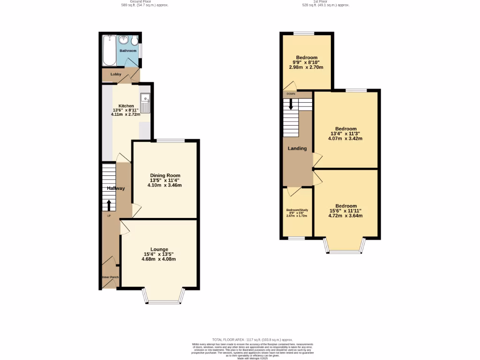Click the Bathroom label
click(x=127, y=51)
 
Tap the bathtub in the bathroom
click(x=109, y=51)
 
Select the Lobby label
click(x=116, y=74)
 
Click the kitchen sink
click(x=146, y=104)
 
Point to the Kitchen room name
click(x=126, y=106)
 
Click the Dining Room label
click(x=165, y=175)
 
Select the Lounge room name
click(x=159, y=249)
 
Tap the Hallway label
click(x=116, y=188)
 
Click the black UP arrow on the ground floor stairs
click(x=109, y=205)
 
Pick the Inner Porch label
click(x=110, y=277)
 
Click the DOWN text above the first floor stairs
click(x=291, y=94)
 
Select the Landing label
click(x=297, y=149)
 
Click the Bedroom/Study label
click(x=297, y=210)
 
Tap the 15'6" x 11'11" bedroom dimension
click(x=346, y=211)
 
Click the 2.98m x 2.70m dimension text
click(x=307, y=67)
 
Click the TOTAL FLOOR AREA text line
click(x=252, y=339)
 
